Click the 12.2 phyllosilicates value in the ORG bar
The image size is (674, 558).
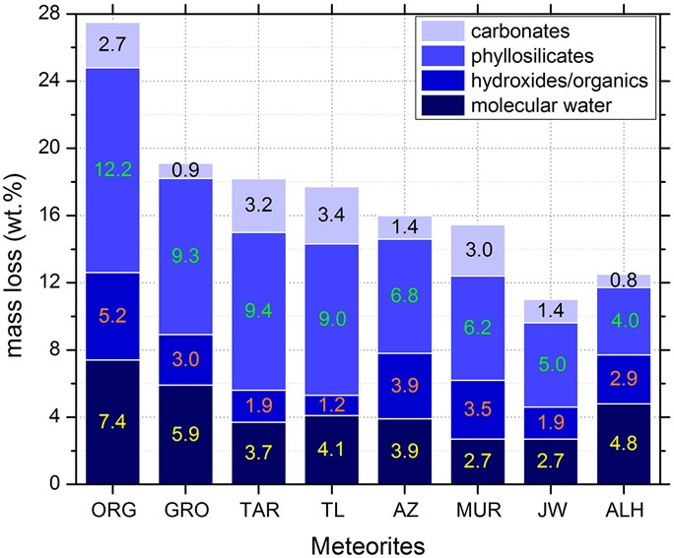point(112,168)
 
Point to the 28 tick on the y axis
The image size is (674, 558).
point(49,13)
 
